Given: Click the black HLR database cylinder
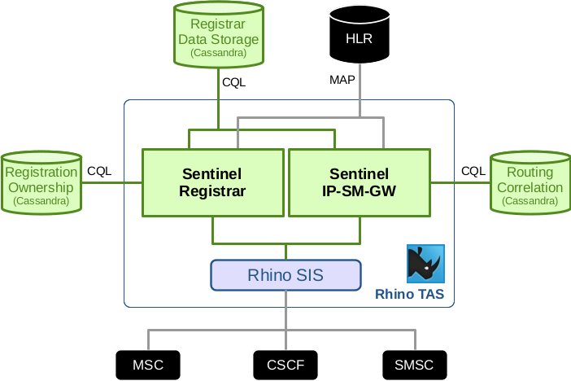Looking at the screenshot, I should click(359, 37).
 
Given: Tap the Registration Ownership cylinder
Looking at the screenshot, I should click(41, 184).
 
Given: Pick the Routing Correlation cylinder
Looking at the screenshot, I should click(530, 184).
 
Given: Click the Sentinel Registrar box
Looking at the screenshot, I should click(213, 182).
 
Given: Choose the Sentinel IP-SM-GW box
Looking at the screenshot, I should click(359, 182).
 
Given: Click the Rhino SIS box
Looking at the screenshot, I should click(285, 275).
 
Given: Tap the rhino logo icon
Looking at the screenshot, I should click(425, 263).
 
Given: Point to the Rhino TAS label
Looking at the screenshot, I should click(409, 294).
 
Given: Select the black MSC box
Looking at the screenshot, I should click(147, 364).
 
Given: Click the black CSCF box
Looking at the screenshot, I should click(285, 364).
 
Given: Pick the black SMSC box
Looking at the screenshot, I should click(414, 364).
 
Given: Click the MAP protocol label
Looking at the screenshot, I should click(342, 80).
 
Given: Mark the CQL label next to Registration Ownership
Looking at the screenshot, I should click(99, 171).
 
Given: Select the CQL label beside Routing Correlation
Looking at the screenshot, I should click(473, 171).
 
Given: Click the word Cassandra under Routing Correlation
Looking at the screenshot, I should click(530, 200).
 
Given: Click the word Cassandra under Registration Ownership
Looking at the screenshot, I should click(41, 200).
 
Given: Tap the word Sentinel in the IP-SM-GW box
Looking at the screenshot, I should click(359, 174).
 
